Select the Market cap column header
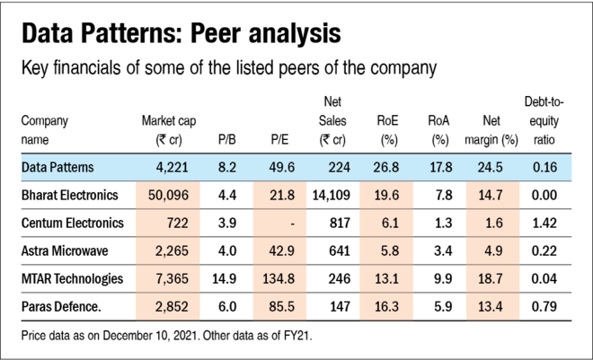(x=169, y=130)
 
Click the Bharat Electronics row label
(x=72, y=194)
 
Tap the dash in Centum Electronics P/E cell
(x=285, y=223)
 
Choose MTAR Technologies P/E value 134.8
(x=281, y=279)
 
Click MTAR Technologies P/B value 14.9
(x=227, y=279)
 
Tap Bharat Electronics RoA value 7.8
(x=439, y=194)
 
